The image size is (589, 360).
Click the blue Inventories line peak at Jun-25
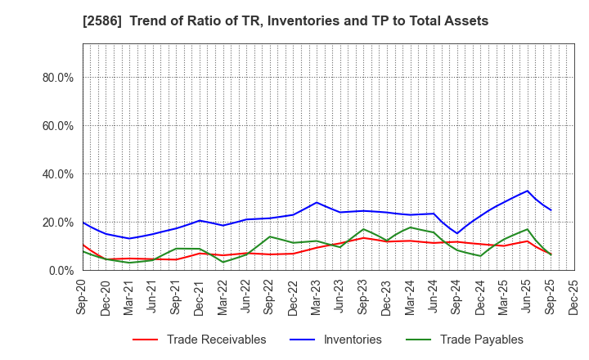tap(528, 191)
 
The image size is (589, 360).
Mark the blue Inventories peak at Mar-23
tap(317, 202)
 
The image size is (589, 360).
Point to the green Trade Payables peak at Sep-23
tap(363, 229)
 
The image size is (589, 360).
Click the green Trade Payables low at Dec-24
tap(480, 256)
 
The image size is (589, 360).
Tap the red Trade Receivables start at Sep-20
tap(83, 245)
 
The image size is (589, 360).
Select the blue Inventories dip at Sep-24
tap(457, 233)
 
